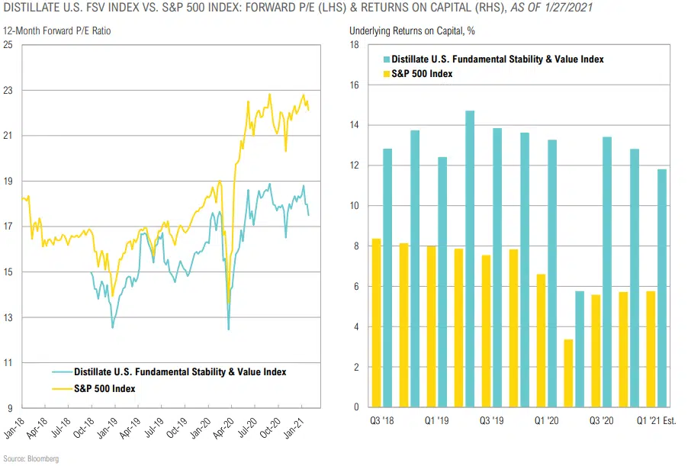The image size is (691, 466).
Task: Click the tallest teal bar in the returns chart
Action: click(x=470, y=259)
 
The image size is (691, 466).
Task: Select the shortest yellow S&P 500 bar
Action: click(x=568, y=373)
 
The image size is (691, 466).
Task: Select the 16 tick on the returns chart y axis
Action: click(x=354, y=85)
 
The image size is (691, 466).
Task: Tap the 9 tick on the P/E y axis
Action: click(x=10, y=408)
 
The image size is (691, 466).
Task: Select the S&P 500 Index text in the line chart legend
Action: click(x=104, y=389)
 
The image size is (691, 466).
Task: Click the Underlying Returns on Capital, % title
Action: click(x=407, y=31)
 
